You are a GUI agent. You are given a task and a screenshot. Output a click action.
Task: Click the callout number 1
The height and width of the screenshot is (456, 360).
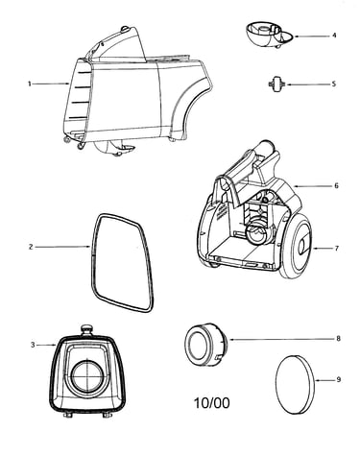pos(30,84)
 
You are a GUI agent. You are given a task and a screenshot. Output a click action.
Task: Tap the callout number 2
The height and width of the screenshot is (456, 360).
pos(31,247)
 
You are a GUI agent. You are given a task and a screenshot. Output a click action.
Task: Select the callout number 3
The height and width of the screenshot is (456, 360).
pos(33,345)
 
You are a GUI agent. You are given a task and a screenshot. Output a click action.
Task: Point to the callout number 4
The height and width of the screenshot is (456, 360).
pos(334,36)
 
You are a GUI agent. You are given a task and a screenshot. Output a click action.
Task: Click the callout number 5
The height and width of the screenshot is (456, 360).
pos(334,84)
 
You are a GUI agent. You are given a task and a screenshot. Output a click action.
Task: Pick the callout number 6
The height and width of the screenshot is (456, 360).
pos(336,185)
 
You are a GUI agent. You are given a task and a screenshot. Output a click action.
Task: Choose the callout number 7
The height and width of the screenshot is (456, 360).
pos(336,248)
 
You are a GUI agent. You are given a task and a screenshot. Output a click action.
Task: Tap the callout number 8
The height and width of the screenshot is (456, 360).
pos(339,339)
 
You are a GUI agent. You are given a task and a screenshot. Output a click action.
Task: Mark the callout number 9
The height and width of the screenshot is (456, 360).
pos(339,380)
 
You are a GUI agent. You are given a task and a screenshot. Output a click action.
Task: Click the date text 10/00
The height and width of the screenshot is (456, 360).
pos(212,403)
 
